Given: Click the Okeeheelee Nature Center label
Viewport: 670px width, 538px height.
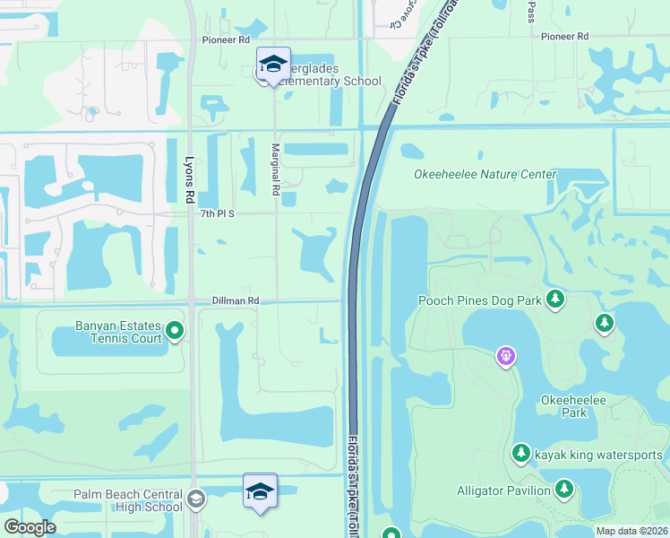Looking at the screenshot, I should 485,174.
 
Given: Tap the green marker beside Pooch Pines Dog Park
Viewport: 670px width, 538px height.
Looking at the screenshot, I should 555,298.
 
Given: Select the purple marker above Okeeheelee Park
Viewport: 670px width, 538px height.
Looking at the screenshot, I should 506,357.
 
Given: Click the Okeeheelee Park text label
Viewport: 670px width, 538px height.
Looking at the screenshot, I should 564,406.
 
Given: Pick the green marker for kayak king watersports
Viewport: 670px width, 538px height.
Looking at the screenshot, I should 521,455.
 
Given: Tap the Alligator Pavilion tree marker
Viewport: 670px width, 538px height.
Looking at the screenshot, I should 563,489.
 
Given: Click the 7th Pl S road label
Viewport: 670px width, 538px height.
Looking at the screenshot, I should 217,213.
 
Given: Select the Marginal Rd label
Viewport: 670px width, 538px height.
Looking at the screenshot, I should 277,171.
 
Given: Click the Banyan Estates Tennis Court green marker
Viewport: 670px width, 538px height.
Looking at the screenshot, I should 176,332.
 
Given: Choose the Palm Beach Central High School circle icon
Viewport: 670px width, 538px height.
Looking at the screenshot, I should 196,499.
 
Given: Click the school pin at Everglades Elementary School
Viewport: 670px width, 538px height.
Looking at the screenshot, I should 273,65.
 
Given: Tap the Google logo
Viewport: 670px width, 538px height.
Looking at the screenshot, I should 30,527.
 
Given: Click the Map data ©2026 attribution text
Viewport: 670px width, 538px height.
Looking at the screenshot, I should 631,531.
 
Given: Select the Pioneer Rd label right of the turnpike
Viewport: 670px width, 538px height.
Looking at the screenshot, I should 565,37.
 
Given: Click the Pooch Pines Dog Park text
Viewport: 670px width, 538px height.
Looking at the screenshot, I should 479,300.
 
